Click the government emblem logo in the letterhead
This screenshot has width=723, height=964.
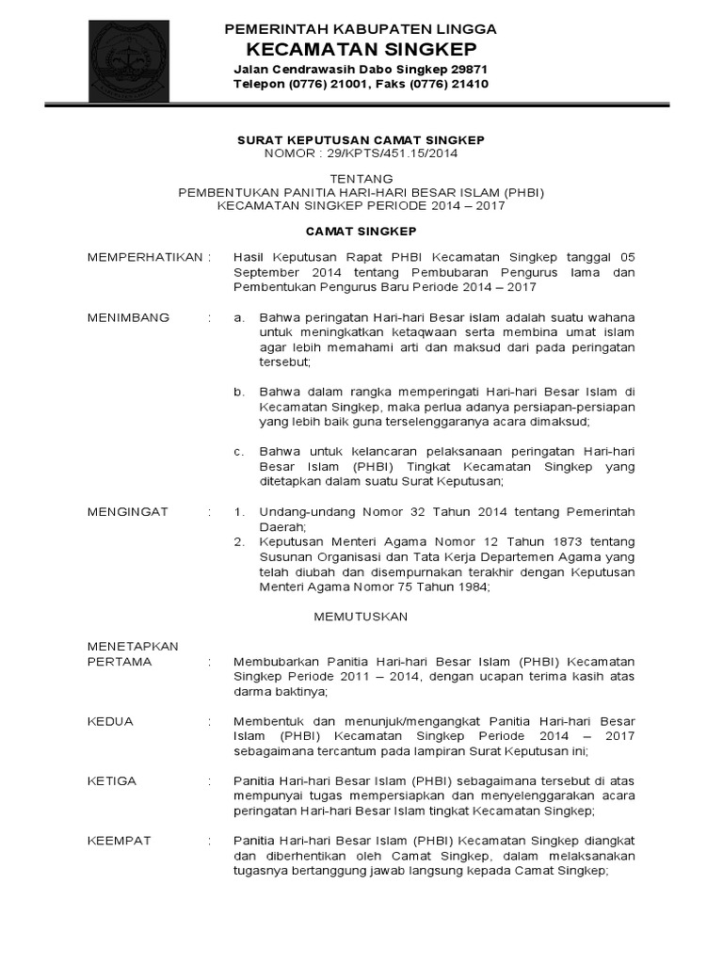click(x=128, y=61)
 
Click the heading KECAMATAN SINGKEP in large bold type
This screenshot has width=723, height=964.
click(x=361, y=49)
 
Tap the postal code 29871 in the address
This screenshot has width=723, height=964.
click(x=467, y=70)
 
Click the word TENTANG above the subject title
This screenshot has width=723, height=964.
click(x=361, y=178)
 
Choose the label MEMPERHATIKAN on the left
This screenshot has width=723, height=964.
click(x=144, y=257)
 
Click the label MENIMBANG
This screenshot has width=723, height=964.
click(x=128, y=317)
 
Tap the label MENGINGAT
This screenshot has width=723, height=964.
click(x=127, y=511)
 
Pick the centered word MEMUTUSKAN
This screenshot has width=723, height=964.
click(x=361, y=617)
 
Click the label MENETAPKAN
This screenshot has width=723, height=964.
click(x=132, y=647)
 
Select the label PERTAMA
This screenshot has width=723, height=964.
click(x=119, y=662)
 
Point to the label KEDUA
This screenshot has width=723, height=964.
click(x=110, y=722)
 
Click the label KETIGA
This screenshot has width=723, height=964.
click(x=112, y=781)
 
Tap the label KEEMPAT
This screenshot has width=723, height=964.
click(x=119, y=841)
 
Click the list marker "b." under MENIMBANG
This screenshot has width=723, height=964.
click(x=239, y=392)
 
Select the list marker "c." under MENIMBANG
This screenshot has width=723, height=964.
click(x=239, y=451)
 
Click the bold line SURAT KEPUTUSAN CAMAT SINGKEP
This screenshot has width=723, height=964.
click(x=361, y=139)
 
